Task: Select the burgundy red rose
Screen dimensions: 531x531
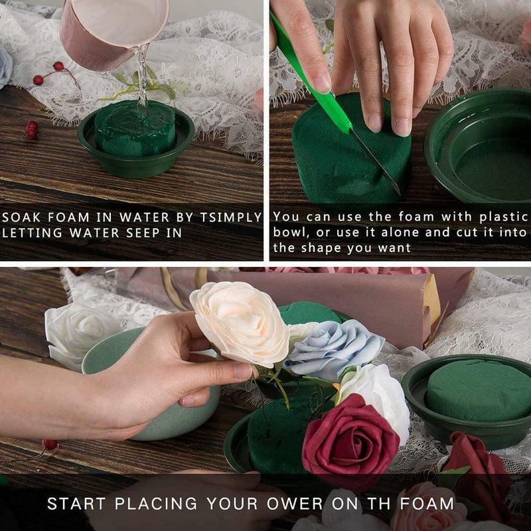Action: tap(350, 440)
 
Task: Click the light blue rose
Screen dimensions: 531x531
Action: tap(334, 349)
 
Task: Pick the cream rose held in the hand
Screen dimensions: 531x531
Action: tap(240, 323)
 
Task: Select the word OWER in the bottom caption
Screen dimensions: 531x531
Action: tap(295, 504)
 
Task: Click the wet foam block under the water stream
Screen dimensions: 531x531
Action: tap(135, 129)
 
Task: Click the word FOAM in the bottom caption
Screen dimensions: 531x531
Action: tap(427, 504)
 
